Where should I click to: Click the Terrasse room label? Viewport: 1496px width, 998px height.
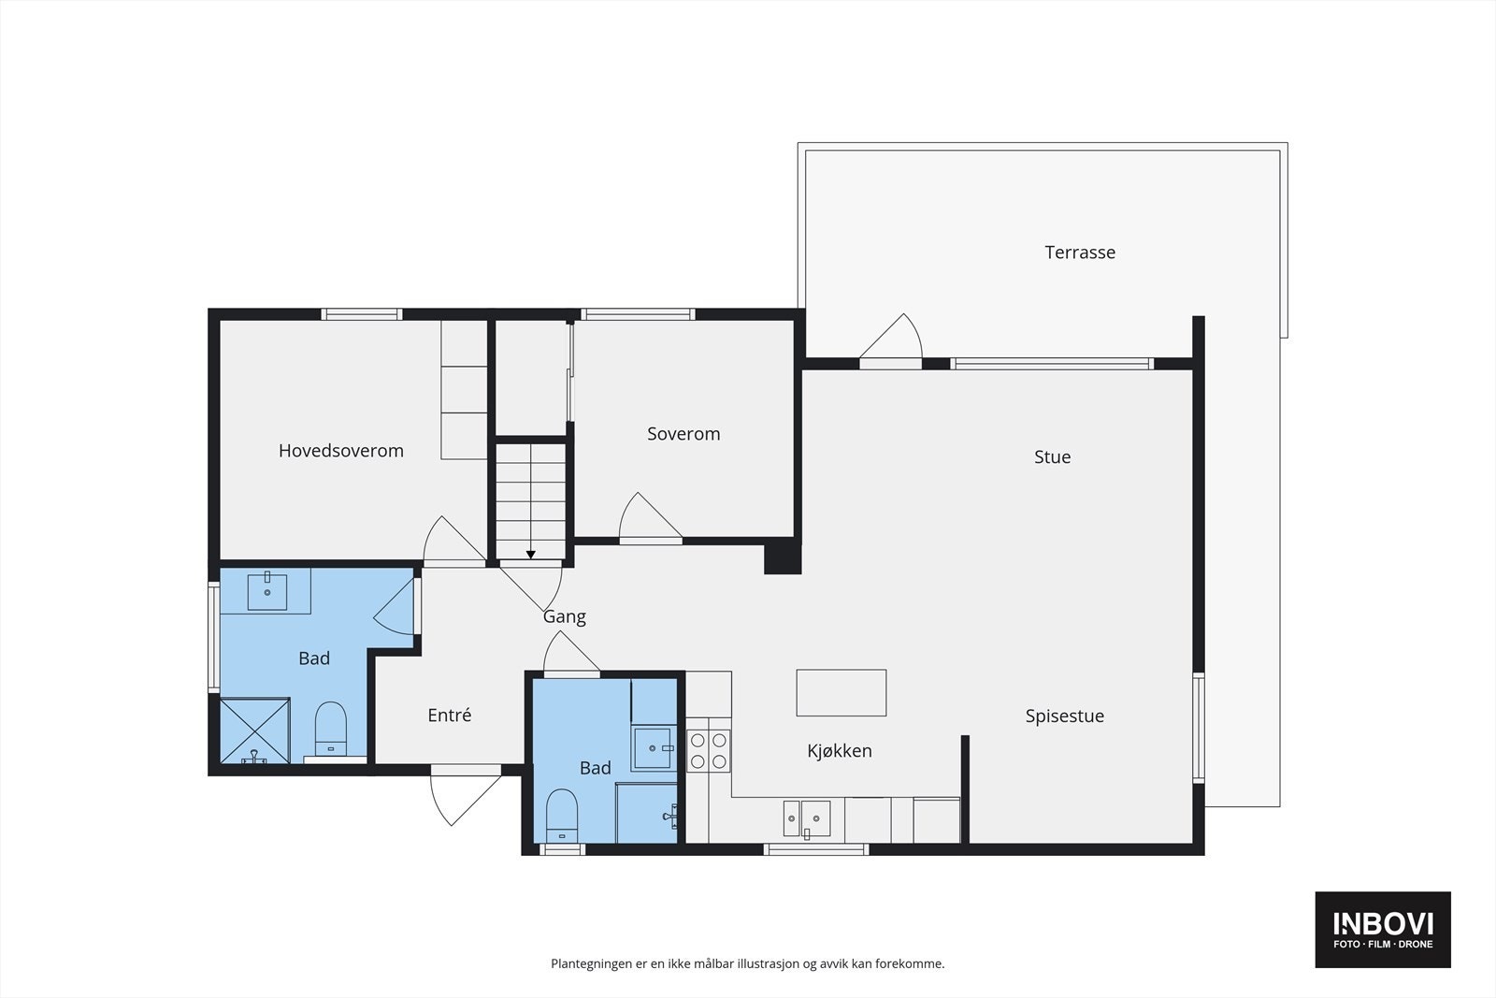[x=1080, y=253]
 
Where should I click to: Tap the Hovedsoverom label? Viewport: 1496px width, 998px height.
[x=341, y=451]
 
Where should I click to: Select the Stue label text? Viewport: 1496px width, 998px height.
[x=1053, y=457]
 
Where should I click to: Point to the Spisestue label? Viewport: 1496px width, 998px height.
[x=1065, y=716]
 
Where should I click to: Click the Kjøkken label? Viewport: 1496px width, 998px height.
[x=840, y=751]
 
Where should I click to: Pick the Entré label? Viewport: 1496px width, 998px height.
[x=450, y=716]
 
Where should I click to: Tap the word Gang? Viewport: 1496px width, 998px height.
[x=565, y=617]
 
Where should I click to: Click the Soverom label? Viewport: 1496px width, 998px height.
[x=683, y=434]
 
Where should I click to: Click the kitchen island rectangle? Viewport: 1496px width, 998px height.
[x=841, y=693]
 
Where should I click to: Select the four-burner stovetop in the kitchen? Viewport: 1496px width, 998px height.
[x=709, y=750]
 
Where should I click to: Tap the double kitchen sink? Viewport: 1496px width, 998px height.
[x=807, y=819]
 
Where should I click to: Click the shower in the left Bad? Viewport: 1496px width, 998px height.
[x=254, y=730]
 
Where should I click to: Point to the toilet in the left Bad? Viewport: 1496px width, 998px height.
[x=331, y=729]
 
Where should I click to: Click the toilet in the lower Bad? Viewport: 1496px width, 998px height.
[x=562, y=816]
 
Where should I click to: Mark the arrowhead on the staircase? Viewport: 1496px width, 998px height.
[x=531, y=555]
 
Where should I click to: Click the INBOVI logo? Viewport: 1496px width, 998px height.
[x=1383, y=930]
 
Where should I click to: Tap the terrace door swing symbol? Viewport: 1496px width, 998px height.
[x=891, y=338]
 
